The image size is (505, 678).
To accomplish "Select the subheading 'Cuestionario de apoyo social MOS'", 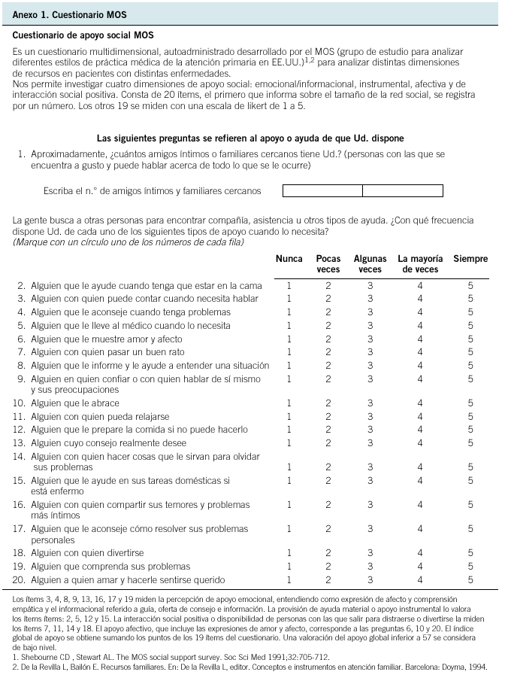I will point(89,35).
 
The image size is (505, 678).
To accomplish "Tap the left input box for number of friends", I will point(322,191).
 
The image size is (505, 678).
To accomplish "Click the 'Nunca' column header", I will point(289,259).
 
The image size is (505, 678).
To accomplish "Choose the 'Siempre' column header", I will point(470,259).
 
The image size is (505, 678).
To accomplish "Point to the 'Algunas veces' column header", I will point(370,264).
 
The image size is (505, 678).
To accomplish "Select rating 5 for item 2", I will point(470,286).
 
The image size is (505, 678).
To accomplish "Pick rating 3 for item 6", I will point(370,339).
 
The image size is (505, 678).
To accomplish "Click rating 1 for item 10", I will point(289,403).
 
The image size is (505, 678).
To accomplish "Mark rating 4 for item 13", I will point(420,443).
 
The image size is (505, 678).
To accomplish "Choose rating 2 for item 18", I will point(328,553).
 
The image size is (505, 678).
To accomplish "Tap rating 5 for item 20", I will point(470,579).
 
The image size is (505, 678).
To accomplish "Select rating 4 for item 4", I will point(420,312).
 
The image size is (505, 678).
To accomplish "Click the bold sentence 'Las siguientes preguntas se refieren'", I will point(251,138).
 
